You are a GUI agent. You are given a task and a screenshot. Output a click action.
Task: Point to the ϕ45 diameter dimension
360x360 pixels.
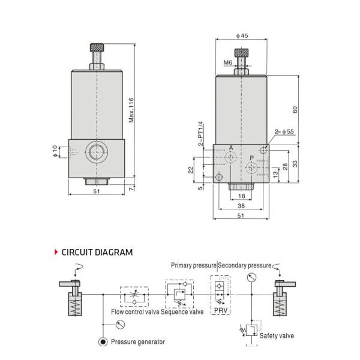click(242, 36)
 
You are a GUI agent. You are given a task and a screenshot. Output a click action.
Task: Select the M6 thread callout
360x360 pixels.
click(228, 62)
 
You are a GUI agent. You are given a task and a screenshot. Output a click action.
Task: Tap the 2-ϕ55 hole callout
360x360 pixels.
click(284, 131)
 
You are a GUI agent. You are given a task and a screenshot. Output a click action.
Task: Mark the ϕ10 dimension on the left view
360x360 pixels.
click(54, 152)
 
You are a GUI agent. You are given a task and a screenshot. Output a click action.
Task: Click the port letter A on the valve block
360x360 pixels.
click(231, 148)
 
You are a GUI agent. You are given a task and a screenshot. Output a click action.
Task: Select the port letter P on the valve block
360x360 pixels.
click(251, 158)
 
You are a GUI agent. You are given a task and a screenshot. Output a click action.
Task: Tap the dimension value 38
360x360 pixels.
click(241, 205)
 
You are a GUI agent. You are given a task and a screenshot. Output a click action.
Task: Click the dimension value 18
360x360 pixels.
click(241, 196)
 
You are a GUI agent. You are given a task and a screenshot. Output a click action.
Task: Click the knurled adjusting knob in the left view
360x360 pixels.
click(97, 47)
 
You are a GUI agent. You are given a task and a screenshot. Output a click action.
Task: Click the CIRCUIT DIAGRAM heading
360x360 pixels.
click(97, 252)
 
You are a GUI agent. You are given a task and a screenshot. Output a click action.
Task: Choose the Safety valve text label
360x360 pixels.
click(277, 335)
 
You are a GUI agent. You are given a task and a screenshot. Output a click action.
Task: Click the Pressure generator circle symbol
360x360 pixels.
click(103, 342)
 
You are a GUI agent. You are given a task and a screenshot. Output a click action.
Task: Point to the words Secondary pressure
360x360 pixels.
click(244, 265)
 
